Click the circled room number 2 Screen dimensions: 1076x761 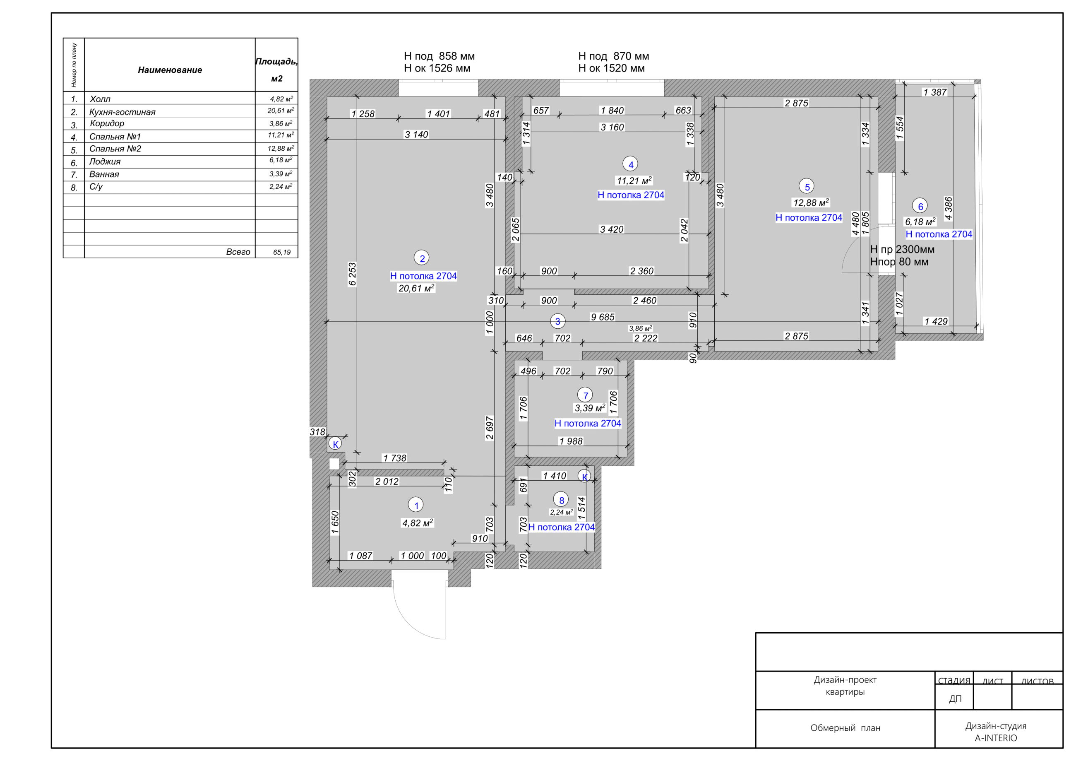pos(422,258)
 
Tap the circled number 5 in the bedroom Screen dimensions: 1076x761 pos(807,187)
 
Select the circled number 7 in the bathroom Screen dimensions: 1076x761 pos(585,395)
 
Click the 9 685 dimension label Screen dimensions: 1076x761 pos(602,318)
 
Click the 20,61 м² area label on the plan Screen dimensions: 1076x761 pos(416,288)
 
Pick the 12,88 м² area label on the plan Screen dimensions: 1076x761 pos(811,202)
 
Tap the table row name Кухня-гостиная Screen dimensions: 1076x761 pos(122,112)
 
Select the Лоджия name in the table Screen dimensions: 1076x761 pos(105,162)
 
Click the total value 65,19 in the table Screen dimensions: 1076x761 pos(282,252)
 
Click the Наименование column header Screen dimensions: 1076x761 pos(170,70)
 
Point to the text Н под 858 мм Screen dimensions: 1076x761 pos(439,56)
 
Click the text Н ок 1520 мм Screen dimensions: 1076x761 pos(611,68)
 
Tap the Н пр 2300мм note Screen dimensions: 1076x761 pos(902,249)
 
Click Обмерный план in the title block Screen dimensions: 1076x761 pos(845,728)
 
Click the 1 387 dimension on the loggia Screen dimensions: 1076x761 pos(935,92)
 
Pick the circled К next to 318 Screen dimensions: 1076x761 pos(335,444)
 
